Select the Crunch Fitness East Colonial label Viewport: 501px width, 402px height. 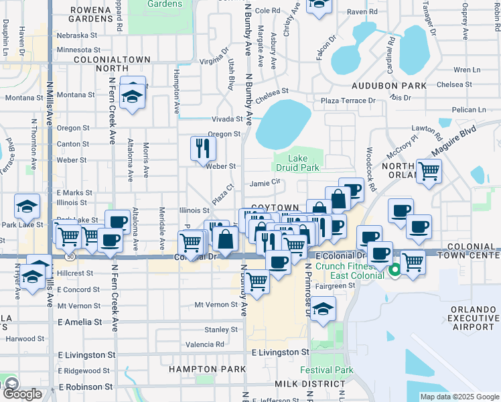coord(348,270)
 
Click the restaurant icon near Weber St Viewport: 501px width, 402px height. coord(203,148)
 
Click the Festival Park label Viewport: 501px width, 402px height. coord(326,370)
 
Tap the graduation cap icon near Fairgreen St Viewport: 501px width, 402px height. coord(323,309)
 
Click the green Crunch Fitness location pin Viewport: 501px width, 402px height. coord(395,270)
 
